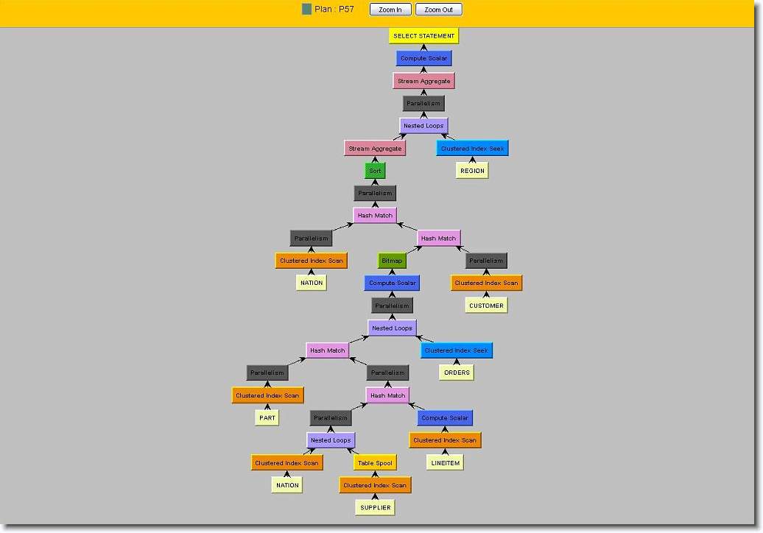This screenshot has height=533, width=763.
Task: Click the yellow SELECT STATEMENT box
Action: (x=423, y=36)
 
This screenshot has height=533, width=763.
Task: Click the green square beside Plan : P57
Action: (x=306, y=10)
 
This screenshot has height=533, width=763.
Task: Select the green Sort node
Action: (x=375, y=171)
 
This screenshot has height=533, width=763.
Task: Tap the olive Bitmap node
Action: (x=392, y=261)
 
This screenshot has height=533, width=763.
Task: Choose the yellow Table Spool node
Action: (x=375, y=463)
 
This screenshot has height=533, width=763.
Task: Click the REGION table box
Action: (x=472, y=171)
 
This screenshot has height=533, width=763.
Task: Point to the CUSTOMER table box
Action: (x=486, y=306)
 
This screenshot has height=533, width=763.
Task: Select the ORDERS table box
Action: (x=457, y=373)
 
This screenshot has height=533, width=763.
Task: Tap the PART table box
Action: (x=267, y=418)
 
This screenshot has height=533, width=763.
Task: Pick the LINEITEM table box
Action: (x=445, y=463)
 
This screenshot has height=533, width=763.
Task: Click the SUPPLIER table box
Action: (x=375, y=508)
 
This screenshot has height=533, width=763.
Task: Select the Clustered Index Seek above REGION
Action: (x=472, y=149)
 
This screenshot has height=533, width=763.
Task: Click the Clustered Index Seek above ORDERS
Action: (x=457, y=350)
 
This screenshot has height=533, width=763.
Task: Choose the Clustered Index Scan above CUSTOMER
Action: (x=486, y=283)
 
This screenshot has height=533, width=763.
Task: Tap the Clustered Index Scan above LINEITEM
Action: (x=445, y=440)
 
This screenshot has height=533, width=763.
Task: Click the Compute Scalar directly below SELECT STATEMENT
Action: (x=423, y=58)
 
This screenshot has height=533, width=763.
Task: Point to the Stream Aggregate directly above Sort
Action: (x=375, y=149)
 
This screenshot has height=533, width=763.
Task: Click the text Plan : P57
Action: (x=335, y=10)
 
